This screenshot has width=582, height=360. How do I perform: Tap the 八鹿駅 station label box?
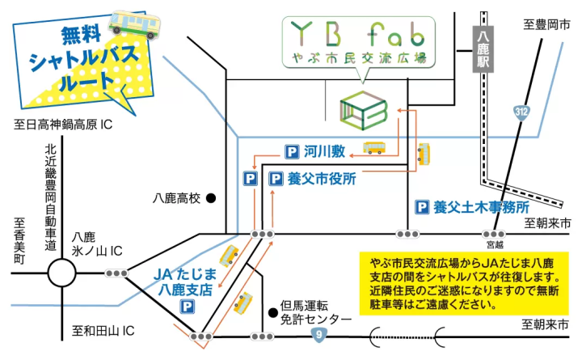coord(482,50)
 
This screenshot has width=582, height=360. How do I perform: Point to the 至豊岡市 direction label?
coord(541,26)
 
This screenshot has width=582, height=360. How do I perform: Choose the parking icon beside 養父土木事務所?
coord(421,207)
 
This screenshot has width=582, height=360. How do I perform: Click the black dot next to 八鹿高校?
coord(210,197)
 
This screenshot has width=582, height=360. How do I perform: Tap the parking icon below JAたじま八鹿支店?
coord(187,307)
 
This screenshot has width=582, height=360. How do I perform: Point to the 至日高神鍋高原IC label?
coord(62,125)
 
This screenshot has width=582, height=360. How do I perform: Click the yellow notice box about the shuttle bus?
coord(463,283)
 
